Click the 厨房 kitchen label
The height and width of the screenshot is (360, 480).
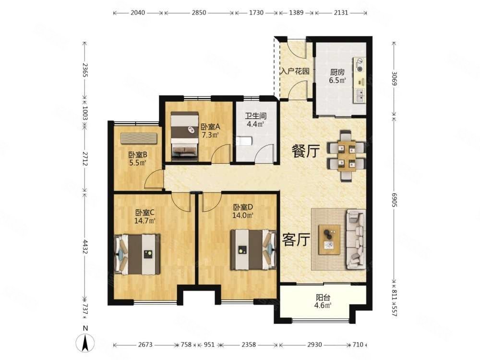pyautogui.click(x=337, y=72)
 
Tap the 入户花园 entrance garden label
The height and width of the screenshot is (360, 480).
pyautogui.click(x=295, y=72)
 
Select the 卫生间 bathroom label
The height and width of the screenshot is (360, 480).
pyautogui.click(x=256, y=116)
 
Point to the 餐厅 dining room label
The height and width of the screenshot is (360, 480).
pyautogui.click(x=305, y=151)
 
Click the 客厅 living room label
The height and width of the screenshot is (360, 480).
pyautogui.click(x=296, y=240)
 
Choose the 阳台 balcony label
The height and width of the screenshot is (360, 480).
pyautogui.click(x=323, y=297)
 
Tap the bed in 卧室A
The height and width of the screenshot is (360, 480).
pyautogui.click(x=185, y=136)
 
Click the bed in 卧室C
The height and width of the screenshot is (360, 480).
pyautogui.click(x=137, y=254)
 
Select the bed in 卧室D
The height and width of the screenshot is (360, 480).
pyautogui.click(x=253, y=250)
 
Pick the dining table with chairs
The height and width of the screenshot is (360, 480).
pyautogui.click(x=347, y=156)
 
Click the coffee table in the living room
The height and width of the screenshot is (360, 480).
pyautogui.click(x=329, y=240)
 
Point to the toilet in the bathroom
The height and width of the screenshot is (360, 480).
pyautogui.click(x=245, y=141)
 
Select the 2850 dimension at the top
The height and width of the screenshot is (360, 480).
pyautogui.click(x=199, y=13)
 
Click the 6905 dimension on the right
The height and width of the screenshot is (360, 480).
pyautogui.click(x=394, y=200)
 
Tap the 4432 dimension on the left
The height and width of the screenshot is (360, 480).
pyautogui.click(x=85, y=246)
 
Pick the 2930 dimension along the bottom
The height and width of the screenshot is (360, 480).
pyautogui.click(x=314, y=345)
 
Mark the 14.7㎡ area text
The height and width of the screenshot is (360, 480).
pyautogui.click(x=145, y=220)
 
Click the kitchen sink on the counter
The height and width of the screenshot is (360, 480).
pyautogui.click(x=360, y=96)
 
